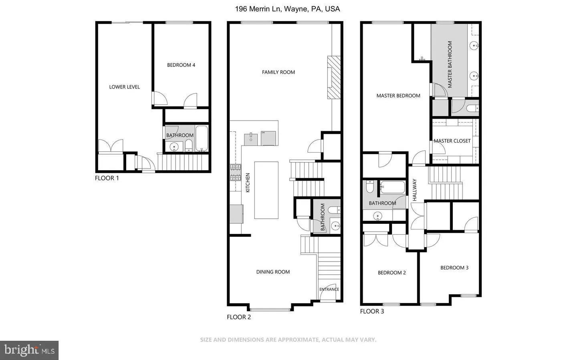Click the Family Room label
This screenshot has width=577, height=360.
tap(278, 72)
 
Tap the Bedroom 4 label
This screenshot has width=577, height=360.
tap(181, 65)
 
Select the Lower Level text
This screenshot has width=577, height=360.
tap(124, 87)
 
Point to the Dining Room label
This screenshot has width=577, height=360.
tap(273, 272)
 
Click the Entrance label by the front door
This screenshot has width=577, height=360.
tap(329, 289)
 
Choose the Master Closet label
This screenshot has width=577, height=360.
tap(452, 141)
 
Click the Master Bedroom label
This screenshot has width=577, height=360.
tap(398, 96)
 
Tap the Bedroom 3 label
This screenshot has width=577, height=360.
tap(454, 268)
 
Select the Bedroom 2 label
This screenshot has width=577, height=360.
tap(391, 273)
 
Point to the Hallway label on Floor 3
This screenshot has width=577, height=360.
tap(414, 190)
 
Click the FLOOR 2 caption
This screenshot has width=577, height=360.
tap(239, 317)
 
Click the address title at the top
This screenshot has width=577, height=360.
tap(287, 9)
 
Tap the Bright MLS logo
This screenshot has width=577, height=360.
tap(29, 350)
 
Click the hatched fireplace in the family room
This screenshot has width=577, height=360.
tap(333, 77)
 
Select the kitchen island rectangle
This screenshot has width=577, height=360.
tap(266, 190)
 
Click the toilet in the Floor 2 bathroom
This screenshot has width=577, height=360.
tap(333, 210)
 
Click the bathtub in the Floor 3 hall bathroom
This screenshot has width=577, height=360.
tap(393, 187)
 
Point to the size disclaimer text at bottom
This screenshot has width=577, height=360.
tap(288, 340)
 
